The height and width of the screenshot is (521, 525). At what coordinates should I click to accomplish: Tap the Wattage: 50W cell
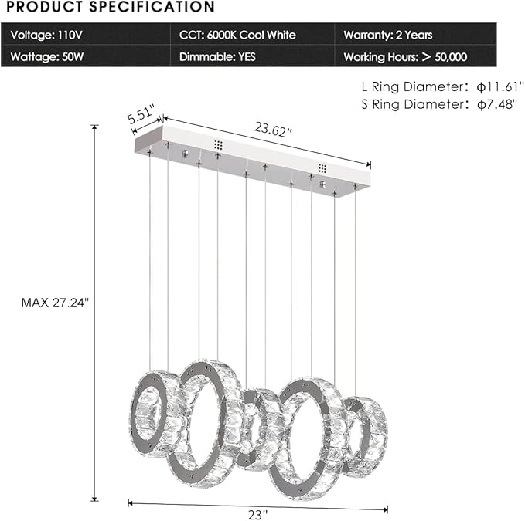tap(46, 56)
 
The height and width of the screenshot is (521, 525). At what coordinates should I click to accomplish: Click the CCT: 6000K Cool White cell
tap(237, 35)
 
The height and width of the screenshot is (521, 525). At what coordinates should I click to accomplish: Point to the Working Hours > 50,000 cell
tap(404, 56)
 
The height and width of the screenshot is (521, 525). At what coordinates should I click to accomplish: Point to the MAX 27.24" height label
tap(55, 303)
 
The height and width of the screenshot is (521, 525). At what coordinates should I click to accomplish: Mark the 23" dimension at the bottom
tap(258, 513)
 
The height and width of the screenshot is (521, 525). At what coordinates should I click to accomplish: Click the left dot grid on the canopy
tap(218, 144)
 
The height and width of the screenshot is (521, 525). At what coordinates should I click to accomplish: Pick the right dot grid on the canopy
tap(322, 167)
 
